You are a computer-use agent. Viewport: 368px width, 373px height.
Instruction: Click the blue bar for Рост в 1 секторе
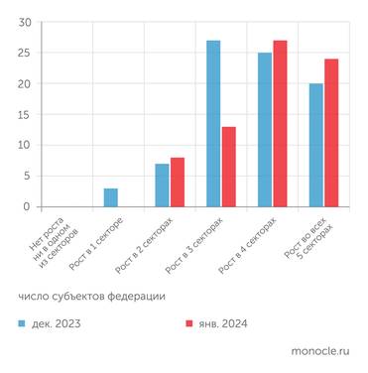pyautogui.click(x=111, y=197)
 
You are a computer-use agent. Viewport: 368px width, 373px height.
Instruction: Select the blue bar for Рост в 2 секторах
pyautogui.click(x=162, y=186)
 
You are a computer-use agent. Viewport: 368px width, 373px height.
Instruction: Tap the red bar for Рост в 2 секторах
pyautogui.click(x=178, y=183)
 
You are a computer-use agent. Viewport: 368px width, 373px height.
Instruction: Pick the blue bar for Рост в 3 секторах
pyautogui.click(x=213, y=124)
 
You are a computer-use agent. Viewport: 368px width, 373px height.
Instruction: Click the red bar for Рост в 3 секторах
pyautogui.click(x=229, y=167)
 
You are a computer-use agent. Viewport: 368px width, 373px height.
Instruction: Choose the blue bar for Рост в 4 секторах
pyautogui.click(x=265, y=130)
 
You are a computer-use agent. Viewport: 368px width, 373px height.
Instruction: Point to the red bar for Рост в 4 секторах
pyautogui.click(x=280, y=124)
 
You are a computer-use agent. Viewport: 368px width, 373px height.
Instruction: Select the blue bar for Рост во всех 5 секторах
pyautogui.click(x=316, y=145)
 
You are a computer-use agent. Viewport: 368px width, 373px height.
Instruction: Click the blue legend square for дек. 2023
pyautogui.click(x=22, y=324)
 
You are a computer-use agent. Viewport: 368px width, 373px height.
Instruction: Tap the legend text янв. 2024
pyautogui.click(x=223, y=324)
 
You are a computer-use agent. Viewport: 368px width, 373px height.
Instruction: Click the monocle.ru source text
pyautogui.click(x=320, y=351)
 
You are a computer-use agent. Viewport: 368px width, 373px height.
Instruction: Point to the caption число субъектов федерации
pyautogui.click(x=90, y=297)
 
